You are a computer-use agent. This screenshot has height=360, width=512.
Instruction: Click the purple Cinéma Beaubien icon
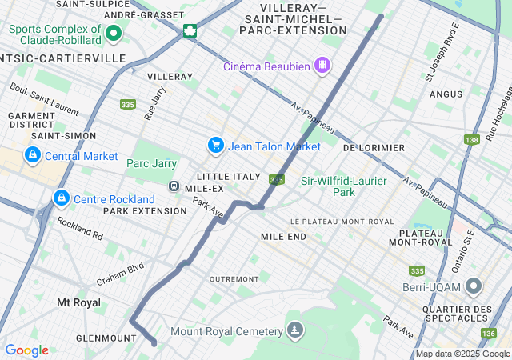coord(322,64)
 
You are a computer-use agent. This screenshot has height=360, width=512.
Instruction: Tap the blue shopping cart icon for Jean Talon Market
coord(215,146)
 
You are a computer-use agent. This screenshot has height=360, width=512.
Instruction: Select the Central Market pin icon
coord(33,155)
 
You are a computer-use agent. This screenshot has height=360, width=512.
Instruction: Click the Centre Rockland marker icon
coord(61,198)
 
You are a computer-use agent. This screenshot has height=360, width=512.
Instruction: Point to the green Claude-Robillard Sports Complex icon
coord(113,34)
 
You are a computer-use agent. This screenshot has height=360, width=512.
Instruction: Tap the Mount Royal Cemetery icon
coord(296,330)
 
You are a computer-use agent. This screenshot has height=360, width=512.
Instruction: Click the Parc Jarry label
coord(151,163)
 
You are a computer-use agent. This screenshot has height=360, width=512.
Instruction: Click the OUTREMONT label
coord(233,278)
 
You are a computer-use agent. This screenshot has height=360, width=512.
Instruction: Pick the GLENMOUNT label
coord(106,338)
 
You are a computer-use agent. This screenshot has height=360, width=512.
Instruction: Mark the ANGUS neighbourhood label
coord(446,94)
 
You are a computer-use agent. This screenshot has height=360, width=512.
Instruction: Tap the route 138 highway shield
coord(471,140)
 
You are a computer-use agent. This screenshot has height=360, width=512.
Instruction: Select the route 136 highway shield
coord(489,333)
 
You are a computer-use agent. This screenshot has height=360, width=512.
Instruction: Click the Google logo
coord(26,350)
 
